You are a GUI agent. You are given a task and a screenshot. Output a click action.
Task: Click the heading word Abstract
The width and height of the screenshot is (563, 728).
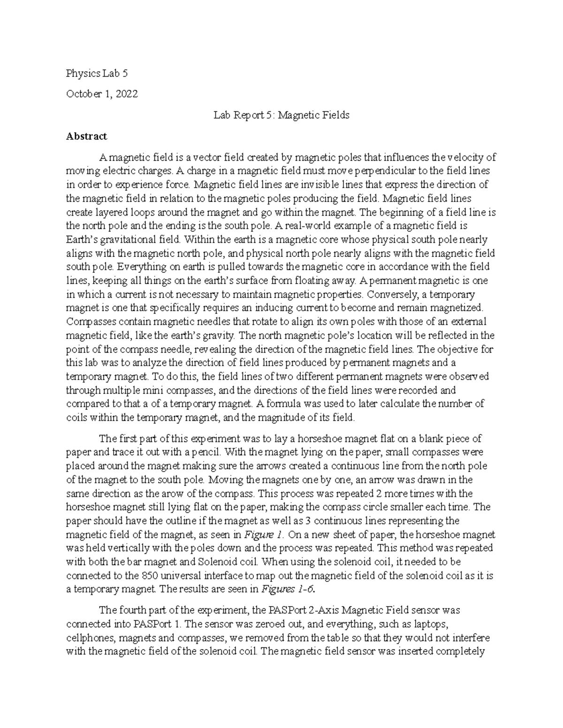[x=86, y=136]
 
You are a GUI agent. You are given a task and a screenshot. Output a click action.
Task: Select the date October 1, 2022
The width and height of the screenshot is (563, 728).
[x=102, y=94]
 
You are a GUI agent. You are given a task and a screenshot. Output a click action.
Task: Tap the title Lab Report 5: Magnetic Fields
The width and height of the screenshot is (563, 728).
[x=281, y=115]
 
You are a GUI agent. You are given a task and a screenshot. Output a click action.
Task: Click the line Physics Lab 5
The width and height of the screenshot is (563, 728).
[x=97, y=74]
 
